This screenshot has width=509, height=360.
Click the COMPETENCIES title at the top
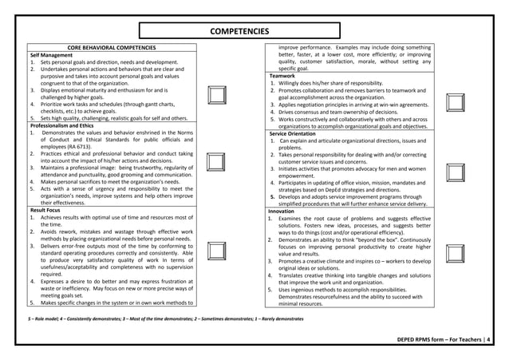[x=239, y=31]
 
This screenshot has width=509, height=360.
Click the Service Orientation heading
[x=299, y=133]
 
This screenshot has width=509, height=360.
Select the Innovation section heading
[x=286, y=211]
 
